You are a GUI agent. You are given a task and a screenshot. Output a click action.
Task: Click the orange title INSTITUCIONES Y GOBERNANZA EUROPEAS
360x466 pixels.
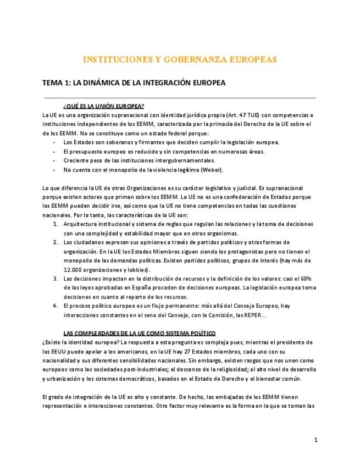(x=180, y=58)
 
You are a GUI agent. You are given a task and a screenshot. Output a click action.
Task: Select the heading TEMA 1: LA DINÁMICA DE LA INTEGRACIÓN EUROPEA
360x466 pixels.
(x=134, y=82)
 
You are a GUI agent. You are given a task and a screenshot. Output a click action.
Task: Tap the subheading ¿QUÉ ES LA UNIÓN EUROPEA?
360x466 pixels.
(x=104, y=106)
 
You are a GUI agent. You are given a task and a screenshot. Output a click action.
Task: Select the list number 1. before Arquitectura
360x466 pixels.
(x=56, y=224)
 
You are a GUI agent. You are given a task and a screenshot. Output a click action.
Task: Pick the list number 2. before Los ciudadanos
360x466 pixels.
(x=56, y=242)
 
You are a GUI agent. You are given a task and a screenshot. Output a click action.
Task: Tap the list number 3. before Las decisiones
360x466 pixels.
(x=56, y=278)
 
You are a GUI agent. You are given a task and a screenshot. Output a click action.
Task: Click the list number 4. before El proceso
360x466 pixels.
(x=56, y=305)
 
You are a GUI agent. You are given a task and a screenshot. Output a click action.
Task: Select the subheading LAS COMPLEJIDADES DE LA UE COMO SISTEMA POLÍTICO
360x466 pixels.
(x=140, y=332)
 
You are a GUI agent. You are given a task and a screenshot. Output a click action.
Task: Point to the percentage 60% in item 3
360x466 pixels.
(x=306, y=278)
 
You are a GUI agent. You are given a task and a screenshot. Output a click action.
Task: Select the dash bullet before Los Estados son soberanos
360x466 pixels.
(x=53, y=142)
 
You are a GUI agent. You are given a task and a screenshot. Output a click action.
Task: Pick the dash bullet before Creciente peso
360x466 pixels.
(x=53, y=160)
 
